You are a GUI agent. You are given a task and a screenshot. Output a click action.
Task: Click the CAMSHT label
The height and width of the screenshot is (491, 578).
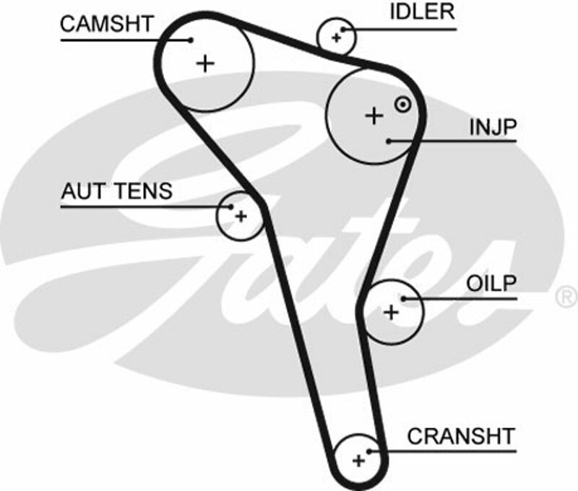(106, 23)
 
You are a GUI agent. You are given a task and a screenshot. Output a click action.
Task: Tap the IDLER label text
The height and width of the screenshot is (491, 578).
(423, 12)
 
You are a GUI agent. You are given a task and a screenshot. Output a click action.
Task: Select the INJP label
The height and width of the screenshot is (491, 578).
(493, 127)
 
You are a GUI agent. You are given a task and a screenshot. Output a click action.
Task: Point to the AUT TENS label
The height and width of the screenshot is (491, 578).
(117, 191)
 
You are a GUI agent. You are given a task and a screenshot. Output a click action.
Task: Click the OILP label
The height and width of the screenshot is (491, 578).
(492, 282)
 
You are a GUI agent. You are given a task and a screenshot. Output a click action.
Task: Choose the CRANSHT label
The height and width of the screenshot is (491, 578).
(461, 436)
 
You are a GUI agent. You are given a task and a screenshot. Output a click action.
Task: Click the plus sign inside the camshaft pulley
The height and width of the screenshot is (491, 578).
(206, 64)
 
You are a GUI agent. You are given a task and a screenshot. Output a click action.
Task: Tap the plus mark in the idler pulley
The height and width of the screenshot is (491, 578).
(336, 37)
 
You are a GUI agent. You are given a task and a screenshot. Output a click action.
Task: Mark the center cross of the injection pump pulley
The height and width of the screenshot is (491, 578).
(374, 115)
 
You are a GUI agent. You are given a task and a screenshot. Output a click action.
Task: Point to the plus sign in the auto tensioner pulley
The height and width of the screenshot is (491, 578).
(241, 215)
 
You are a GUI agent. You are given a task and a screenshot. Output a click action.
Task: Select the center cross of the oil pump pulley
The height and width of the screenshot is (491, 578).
(391, 312)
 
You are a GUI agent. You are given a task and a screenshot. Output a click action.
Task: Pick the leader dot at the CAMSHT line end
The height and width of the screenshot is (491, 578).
(191, 40)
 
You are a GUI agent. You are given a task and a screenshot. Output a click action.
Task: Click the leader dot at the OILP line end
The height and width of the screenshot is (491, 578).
(405, 298)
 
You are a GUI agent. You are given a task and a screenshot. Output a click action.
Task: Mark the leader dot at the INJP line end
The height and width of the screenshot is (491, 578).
(389, 141)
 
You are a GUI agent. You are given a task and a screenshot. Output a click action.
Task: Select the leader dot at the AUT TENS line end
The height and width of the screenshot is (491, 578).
(231, 207)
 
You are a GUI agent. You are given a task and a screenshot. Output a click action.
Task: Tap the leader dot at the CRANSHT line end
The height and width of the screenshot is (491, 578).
(369, 451)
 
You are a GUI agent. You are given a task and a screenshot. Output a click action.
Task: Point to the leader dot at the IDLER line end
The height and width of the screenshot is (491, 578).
(344, 30)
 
